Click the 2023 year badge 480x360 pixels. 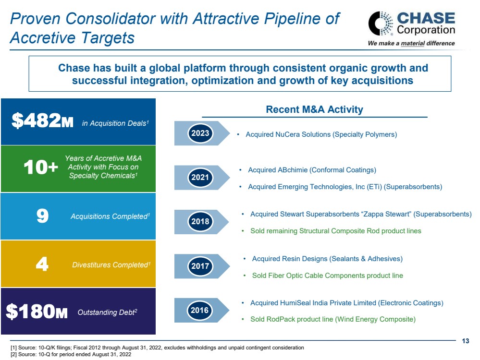point(200,132)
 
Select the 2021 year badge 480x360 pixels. point(200,178)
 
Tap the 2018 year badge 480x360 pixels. point(200,221)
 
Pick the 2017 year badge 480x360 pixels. point(200,266)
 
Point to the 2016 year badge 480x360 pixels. point(200,310)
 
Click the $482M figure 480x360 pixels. point(42,122)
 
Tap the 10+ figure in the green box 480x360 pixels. point(41,168)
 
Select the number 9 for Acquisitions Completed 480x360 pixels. point(42,216)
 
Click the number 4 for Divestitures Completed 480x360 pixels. point(42,264)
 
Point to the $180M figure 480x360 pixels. point(37,312)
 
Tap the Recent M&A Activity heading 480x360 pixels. point(314,109)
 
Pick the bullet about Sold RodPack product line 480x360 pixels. point(332,319)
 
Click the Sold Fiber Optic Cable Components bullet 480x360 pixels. point(327,276)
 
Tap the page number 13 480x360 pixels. point(465,341)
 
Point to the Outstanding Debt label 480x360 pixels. point(107,312)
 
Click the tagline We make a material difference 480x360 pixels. point(411,43)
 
